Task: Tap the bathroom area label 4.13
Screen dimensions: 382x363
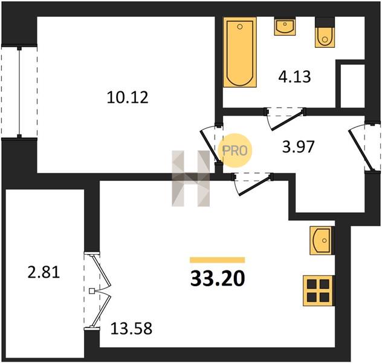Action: [x=294, y=77]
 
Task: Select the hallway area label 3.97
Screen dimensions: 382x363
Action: [x=299, y=147]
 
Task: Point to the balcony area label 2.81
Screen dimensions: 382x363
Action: [x=44, y=272]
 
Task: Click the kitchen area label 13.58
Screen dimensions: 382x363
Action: [x=131, y=328]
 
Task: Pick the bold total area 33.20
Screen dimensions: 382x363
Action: [x=218, y=278]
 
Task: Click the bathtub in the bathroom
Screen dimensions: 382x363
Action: [x=240, y=52]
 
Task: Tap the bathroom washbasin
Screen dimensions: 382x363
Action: [x=285, y=27]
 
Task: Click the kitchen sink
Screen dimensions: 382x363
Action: [x=321, y=241]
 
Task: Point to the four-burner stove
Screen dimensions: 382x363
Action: [x=318, y=290]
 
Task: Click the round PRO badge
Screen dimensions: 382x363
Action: [x=235, y=151]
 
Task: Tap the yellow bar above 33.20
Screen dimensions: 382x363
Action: [x=218, y=260]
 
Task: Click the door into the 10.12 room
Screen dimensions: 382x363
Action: [x=212, y=145]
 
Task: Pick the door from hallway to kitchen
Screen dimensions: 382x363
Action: [x=253, y=184]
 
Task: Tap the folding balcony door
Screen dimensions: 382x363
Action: [x=97, y=291]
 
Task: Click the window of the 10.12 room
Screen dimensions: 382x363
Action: [x=19, y=92]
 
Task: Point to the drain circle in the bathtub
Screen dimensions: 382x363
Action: [x=240, y=27]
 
